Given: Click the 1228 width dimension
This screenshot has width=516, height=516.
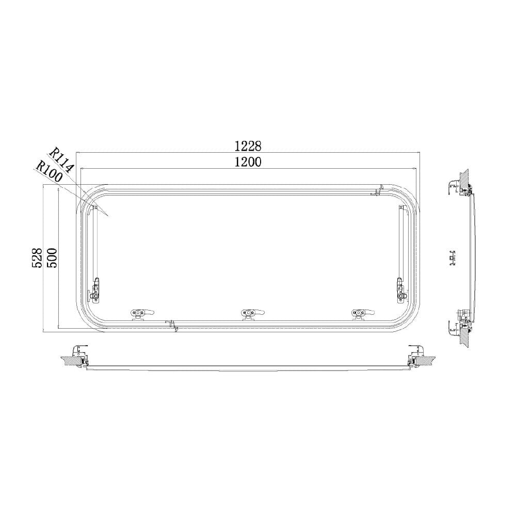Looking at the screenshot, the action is pos(248,146).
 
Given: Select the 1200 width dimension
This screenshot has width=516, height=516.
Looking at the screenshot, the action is pos(248,162).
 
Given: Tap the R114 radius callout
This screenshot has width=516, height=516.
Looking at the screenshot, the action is pos(60,161).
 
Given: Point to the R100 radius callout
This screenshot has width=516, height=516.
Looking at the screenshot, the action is pos(49,171).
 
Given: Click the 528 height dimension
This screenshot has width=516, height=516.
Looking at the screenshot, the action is pos(37,257).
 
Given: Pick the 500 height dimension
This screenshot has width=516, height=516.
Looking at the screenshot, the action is pos(51,257).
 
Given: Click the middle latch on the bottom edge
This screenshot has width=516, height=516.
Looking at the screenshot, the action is pos(252,314).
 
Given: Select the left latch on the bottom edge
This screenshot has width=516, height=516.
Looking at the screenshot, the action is pos(142,314).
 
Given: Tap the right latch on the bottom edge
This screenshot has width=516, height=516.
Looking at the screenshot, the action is pos(363,314).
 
